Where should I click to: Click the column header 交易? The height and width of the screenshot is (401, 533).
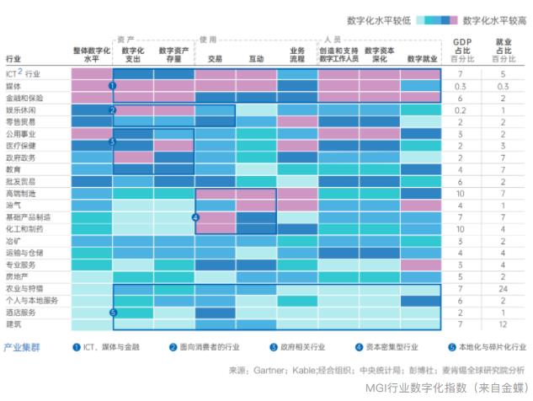(x=215, y=59)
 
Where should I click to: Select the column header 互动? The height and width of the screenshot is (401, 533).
(x=256, y=59)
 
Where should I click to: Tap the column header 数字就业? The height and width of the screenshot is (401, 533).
(x=420, y=59)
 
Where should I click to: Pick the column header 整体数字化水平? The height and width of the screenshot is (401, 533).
(x=92, y=55)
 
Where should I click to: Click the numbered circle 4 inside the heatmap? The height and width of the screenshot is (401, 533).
(x=195, y=217)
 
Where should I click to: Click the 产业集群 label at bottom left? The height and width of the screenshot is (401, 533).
(x=22, y=347)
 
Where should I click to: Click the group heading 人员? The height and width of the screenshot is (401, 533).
(x=332, y=40)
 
